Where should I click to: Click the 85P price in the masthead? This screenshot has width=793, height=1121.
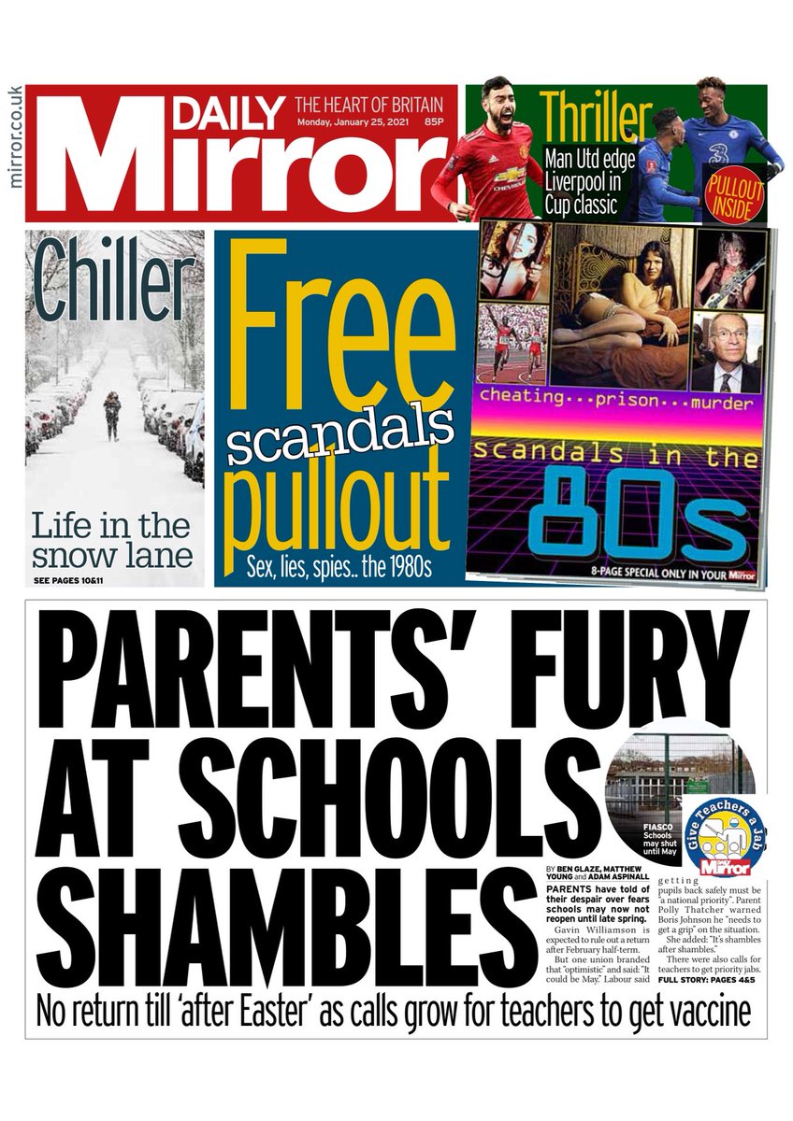pos(433,122)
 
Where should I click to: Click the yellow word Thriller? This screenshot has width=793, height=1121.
pos(596,118)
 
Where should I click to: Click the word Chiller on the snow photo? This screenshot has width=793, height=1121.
pos(114,284)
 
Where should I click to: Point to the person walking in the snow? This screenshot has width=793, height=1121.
pos(112,415)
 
